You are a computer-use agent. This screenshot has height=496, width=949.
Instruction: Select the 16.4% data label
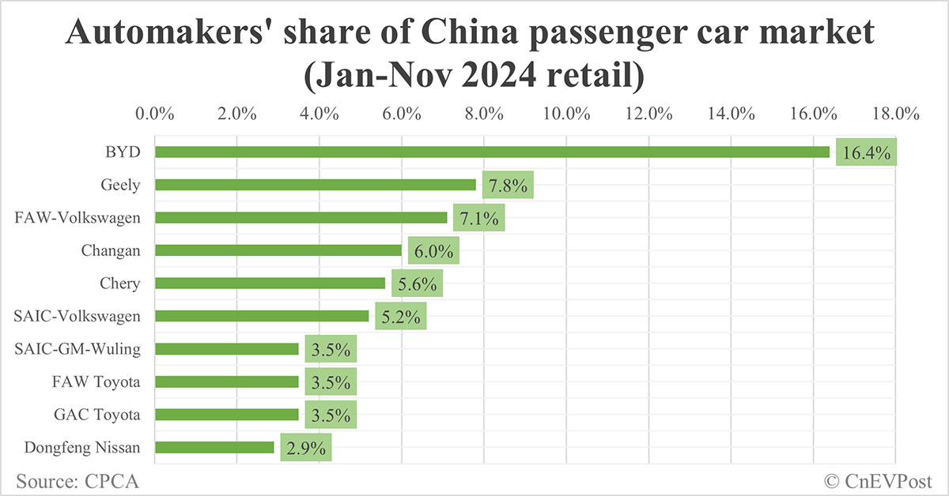[x=868, y=153]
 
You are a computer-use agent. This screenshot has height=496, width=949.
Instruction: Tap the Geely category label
[x=121, y=186]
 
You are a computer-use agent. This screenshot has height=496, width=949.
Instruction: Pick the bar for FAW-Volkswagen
[x=301, y=217]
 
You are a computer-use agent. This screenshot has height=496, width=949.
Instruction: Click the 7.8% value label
[x=507, y=186]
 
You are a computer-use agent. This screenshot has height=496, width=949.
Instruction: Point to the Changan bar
[x=278, y=250]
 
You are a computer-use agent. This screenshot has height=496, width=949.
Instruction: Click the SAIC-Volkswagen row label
[x=78, y=317]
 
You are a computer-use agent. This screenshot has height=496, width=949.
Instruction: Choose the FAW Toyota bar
[x=226, y=381]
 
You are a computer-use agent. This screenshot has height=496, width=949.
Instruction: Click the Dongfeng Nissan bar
[x=214, y=447]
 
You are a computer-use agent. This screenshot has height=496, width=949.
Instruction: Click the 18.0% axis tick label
[x=895, y=113]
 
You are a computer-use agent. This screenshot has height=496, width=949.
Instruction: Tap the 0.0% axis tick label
[x=155, y=113]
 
